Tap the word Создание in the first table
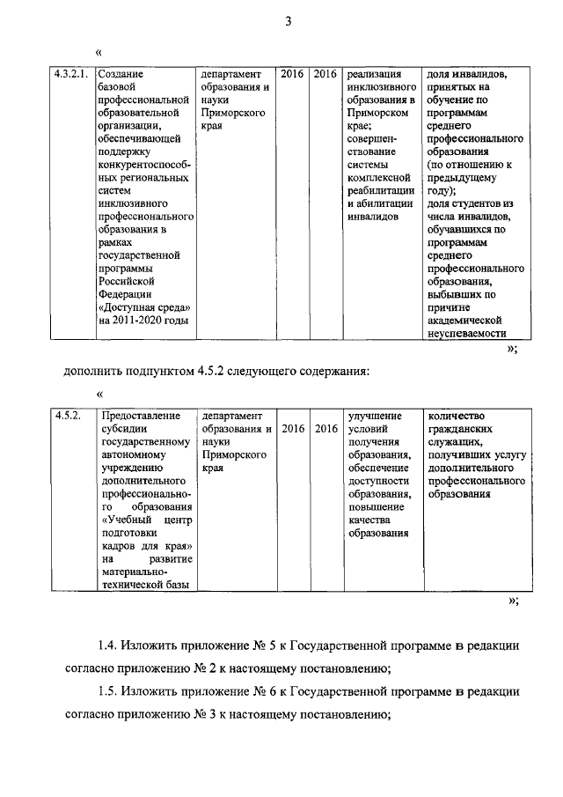[x=121, y=75]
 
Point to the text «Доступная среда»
[x=144, y=307]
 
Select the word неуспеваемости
[x=466, y=335]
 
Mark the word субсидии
[x=125, y=429]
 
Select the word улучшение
[x=375, y=415]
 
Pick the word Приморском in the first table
[x=379, y=114]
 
